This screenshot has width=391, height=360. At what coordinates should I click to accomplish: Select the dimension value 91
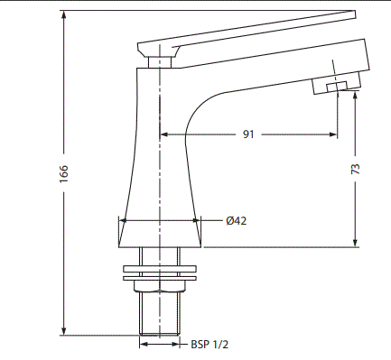(x=248, y=135)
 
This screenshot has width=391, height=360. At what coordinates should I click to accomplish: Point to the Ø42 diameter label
(x=236, y=220)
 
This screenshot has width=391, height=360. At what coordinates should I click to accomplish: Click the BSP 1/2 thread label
(x=209, y=344)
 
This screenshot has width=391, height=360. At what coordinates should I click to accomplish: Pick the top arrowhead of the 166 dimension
(x=64, y=15)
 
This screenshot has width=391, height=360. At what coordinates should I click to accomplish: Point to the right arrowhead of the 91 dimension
(x=334, y=135)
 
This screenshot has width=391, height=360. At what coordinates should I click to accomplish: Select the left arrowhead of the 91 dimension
(x=164, y=135)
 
